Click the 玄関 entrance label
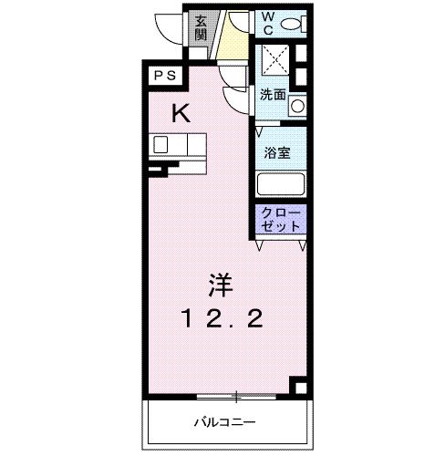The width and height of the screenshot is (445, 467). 201,28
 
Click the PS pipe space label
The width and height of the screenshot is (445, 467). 164,77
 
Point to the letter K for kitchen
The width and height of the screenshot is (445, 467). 182,113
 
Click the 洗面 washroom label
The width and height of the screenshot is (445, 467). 273,94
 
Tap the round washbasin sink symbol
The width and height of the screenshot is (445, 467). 296,106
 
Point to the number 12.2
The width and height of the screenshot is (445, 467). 222,319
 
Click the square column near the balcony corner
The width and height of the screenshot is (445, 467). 297,384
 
